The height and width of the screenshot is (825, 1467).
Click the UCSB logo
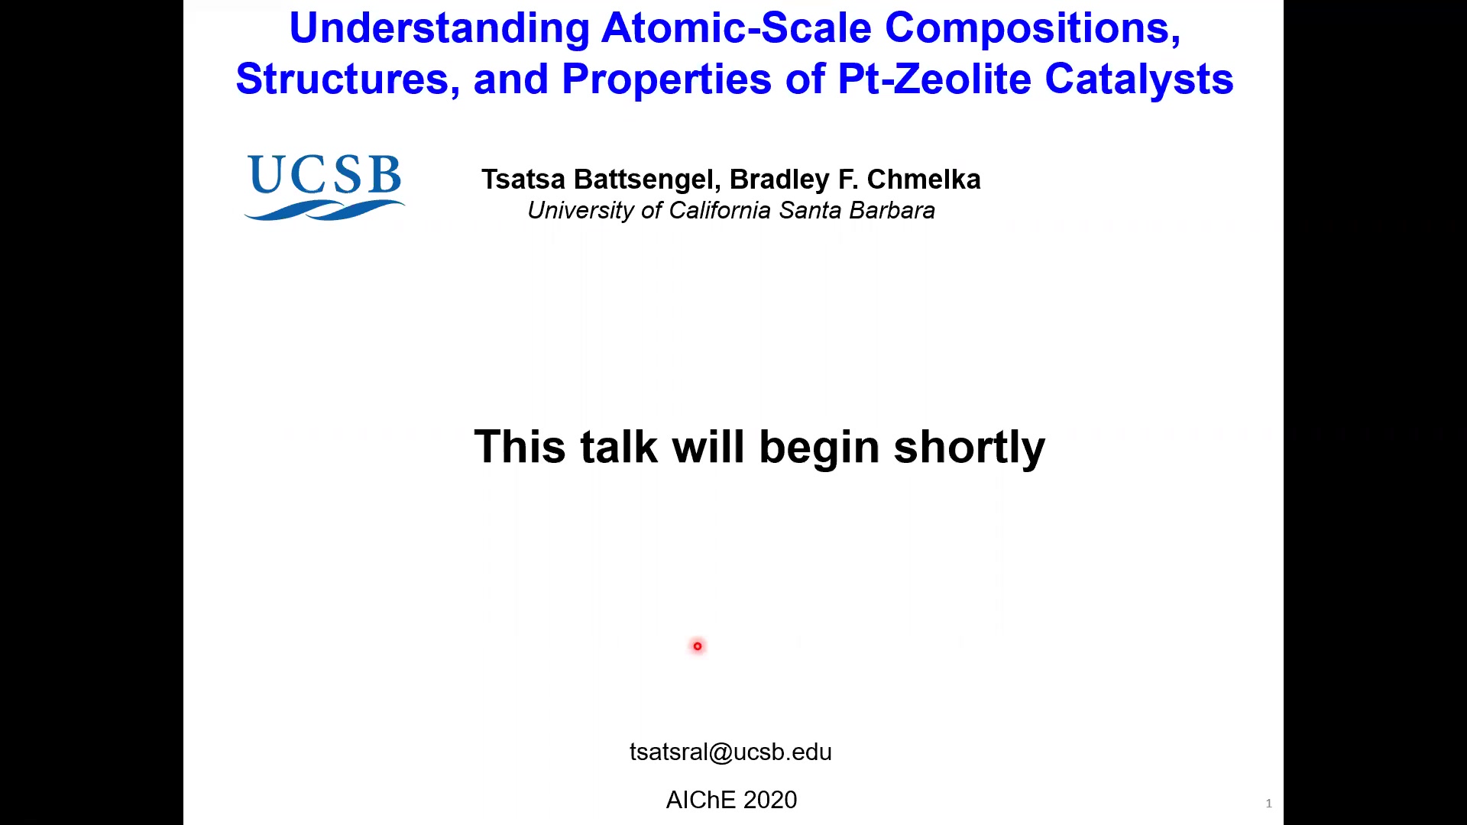(325, 187)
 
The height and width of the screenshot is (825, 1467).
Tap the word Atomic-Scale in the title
(737, 27)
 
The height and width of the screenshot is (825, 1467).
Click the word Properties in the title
(667, 80)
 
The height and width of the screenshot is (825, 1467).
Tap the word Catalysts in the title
(1139, 80)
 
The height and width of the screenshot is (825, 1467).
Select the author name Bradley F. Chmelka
(855, 179)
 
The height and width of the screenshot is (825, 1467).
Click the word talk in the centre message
(619, 447)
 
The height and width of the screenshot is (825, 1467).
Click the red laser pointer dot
(698, 646)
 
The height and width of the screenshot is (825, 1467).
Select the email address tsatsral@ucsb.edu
(730, 752)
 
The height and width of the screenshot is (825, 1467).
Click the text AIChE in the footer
(701, 800)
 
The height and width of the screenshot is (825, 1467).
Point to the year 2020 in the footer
(770, 800)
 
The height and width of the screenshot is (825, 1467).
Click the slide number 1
(1269, 803)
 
